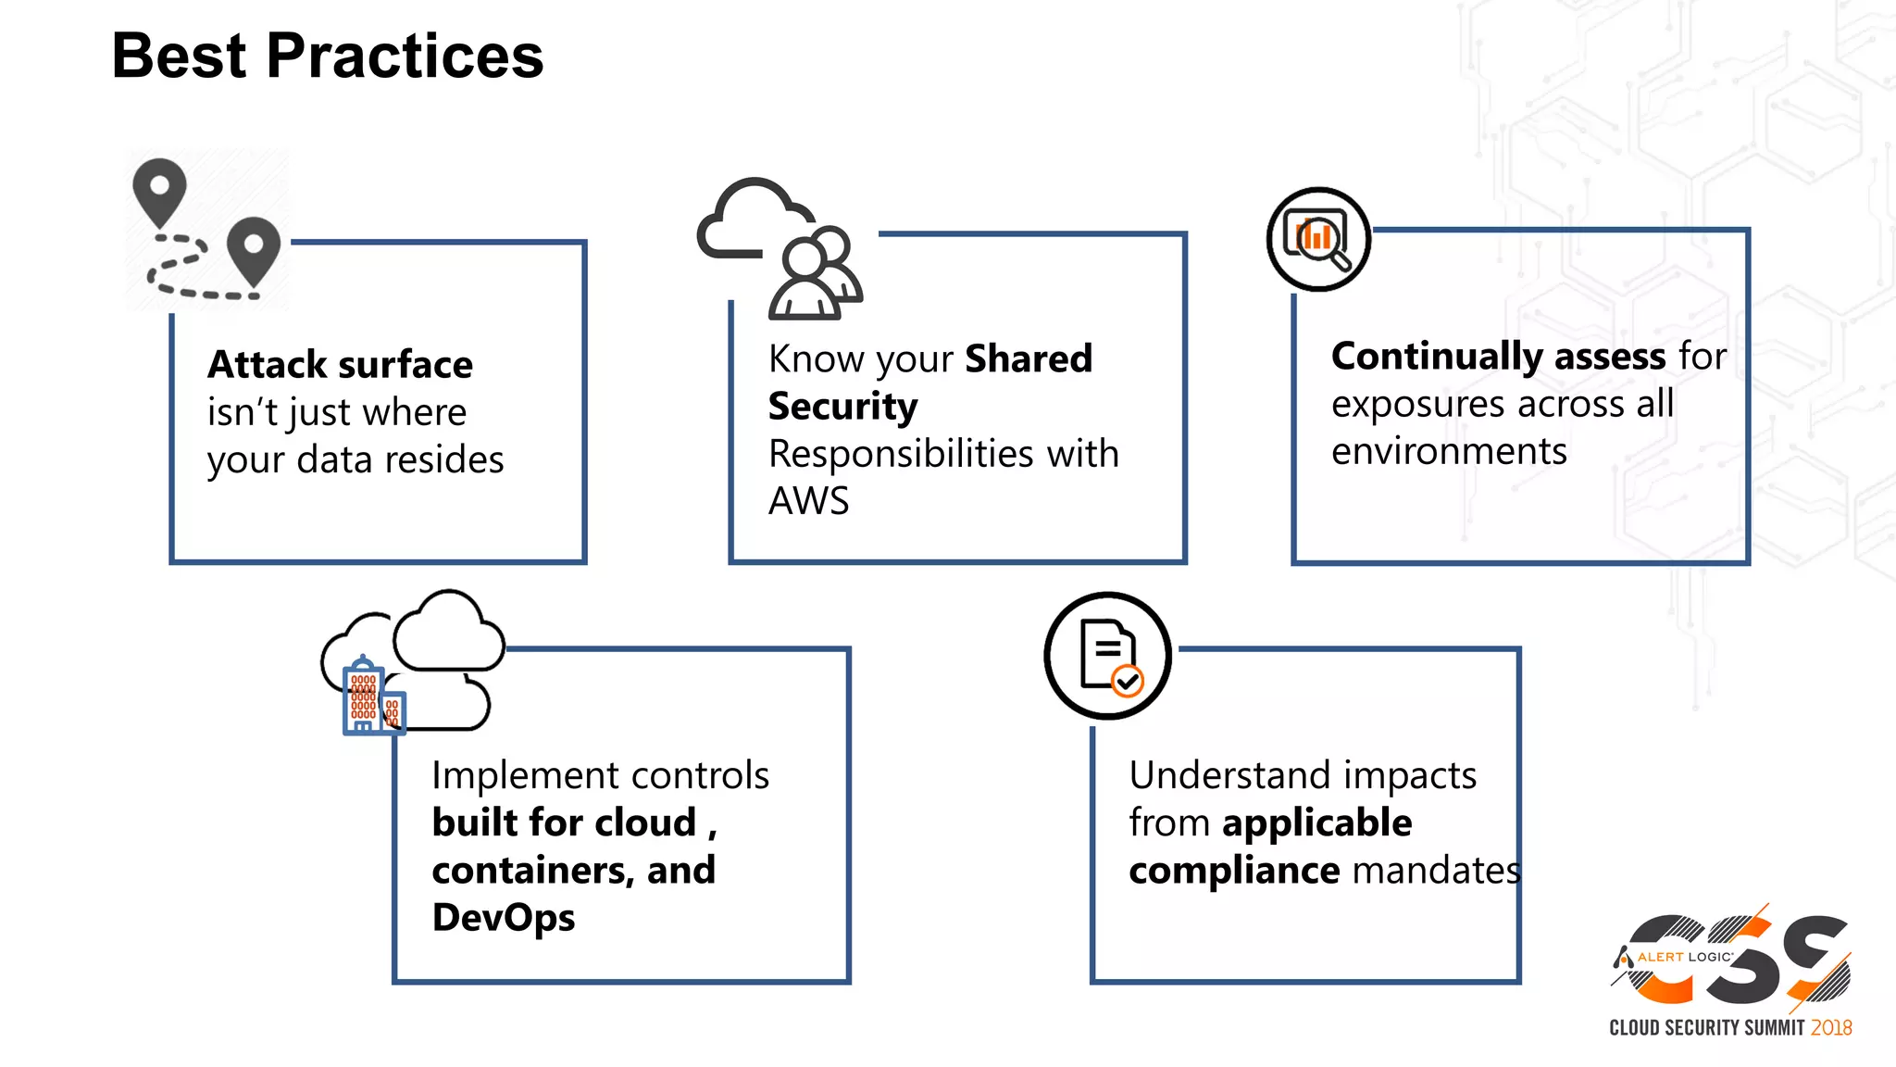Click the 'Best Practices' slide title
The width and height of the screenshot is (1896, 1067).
(x=327, y=56)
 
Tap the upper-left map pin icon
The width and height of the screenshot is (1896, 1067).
(x=159, y=189)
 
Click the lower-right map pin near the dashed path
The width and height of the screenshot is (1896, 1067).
(x=253, y=249)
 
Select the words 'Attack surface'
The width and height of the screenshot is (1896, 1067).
(x=340, y=364)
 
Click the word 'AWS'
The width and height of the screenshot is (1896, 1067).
(x=808, y=501)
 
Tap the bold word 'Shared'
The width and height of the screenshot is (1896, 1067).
(x=1028, y=358)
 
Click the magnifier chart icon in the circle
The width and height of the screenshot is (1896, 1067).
(x=1317, y=239)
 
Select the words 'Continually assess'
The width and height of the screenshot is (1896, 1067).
(x=1498, y=356)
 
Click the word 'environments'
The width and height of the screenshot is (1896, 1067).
(x=1448, y=451)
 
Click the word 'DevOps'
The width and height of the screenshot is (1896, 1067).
(x=503, y=917)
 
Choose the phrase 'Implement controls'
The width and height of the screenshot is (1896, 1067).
(x=600, y=775)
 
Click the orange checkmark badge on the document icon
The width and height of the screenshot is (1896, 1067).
(x=1127, y=682)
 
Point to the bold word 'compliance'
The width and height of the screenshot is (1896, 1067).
(x=1234, y=871)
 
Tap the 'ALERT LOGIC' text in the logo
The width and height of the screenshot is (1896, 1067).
(x=1684, y=957)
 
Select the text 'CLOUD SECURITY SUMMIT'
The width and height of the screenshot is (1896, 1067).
(x=1706, y=1027)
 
